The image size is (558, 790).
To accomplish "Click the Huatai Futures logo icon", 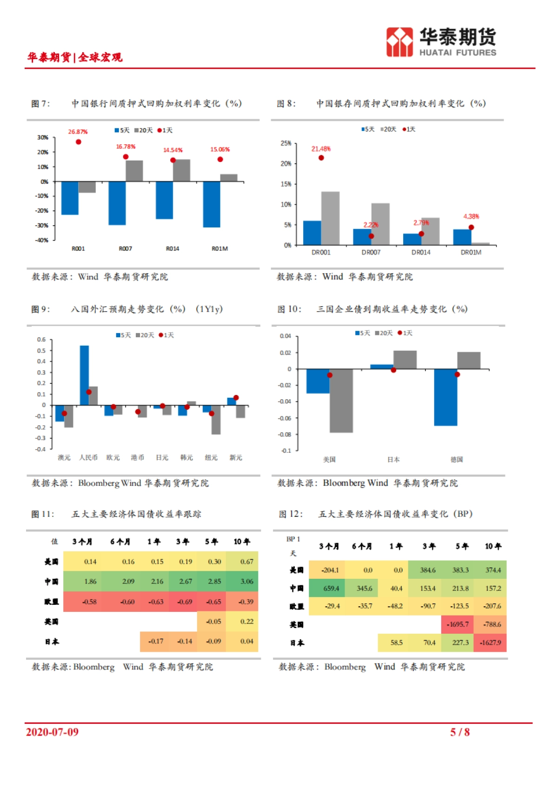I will [x=399, y=42].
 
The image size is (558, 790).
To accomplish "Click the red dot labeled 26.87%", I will [x=79, y=142].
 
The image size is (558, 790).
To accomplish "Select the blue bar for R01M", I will [x=212, y=204].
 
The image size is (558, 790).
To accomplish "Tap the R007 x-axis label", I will [x=126, y=249].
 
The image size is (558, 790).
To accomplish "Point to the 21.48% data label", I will [x=321, y=149].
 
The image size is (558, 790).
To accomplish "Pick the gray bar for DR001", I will [x=330, y=218].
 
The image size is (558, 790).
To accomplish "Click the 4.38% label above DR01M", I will [x=471, y=216].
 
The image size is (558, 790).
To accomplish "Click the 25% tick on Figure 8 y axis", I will [x=286, y=143].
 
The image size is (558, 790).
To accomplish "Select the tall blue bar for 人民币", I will [x=84, y=375].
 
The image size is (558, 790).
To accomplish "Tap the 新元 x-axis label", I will [x=236, y=458].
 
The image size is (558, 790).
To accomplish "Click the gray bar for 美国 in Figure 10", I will [x=341, y=401].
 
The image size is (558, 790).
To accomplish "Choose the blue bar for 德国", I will [x=445, y=397].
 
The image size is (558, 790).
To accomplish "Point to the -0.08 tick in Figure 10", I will [x=285, y=435].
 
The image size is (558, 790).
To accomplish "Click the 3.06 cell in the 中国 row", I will [x=246, y=582].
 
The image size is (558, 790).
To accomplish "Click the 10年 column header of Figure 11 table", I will [x=242, y=542].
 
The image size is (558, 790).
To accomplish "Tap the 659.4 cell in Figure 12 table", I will [x=331, y=589].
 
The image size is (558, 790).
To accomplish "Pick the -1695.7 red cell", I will [x=458, y=624].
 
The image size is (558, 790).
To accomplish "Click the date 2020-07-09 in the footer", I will [x=52, y=732].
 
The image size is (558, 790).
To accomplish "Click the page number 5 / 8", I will [x=459, y=732].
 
